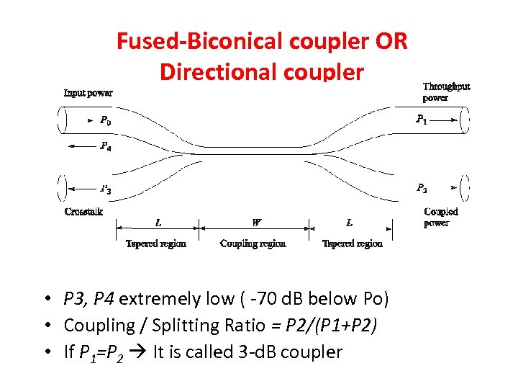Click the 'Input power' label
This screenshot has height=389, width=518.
click(x=88, y=92)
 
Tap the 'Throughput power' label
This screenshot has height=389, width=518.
click(x=446, y=92)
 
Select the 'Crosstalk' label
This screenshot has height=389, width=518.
click(x=83, y=212)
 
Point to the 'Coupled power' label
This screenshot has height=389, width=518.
click(x=441, y=217)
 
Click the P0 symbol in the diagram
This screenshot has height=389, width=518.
click(x=105, y=120)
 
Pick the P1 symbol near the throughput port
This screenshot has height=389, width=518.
click(x=422, y=120)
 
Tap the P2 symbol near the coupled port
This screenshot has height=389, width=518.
click(x=422, y=188)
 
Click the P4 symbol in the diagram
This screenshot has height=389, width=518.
click(x=105, y=146)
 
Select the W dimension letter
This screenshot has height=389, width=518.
click(x=256, y=223)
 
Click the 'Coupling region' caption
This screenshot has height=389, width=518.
click(x=253, y=243)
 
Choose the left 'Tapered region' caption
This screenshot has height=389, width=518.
click(x=156, y=243)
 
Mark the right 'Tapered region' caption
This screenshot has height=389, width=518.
click(x=353, y=243)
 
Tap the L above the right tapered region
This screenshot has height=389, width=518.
click(x=350, y=223)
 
